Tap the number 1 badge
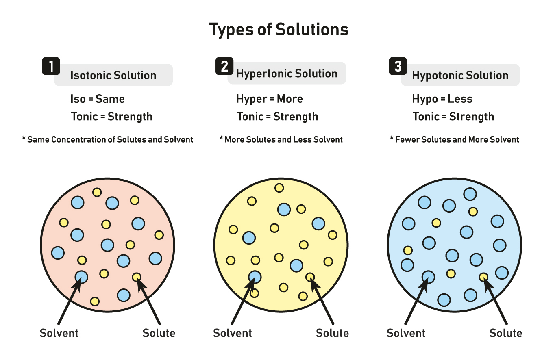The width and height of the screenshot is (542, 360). tap(51, 66)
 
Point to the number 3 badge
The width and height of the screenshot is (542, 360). tap(398, 66)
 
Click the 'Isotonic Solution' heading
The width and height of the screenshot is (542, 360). tap(113, 75)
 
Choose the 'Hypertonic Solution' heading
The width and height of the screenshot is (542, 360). tap(287, 74)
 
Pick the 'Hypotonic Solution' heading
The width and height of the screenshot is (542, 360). tap(460, 75)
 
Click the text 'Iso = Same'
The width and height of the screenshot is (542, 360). tap(98, 99)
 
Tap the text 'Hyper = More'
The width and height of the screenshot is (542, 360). tap(270, 99)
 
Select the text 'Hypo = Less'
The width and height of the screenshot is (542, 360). tap(442, 99)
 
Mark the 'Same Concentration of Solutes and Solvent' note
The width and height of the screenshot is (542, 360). tap(107, 139)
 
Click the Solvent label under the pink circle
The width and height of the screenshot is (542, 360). tap(59, 333)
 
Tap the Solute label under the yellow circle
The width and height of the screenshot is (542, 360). tap(332, 333)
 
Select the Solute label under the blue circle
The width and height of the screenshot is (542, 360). tap(506, 333)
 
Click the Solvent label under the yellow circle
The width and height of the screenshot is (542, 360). tap(233, 333)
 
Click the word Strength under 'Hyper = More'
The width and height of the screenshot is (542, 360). tap(296, 117)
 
